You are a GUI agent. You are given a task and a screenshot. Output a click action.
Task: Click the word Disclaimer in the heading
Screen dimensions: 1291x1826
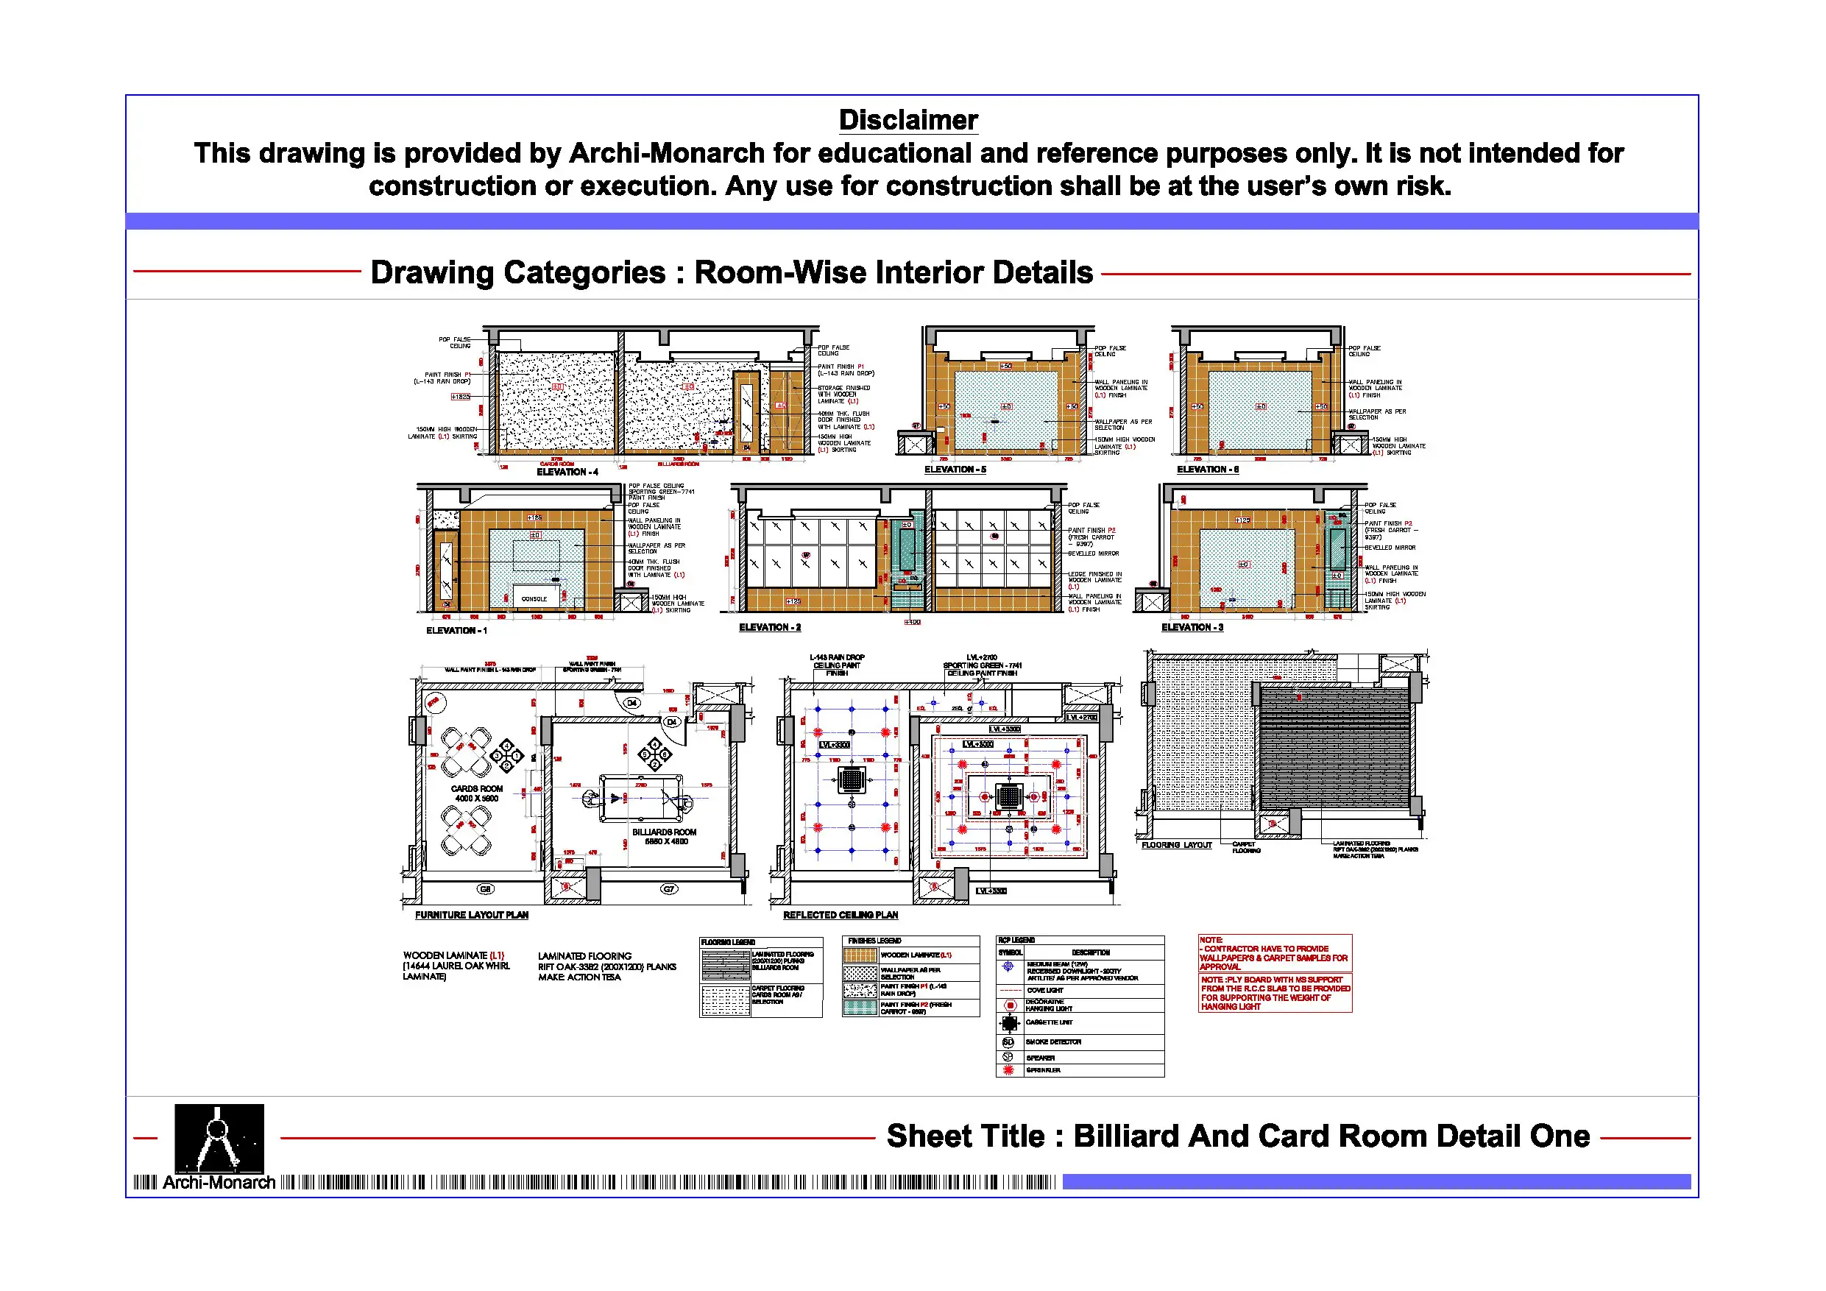coord(907,120)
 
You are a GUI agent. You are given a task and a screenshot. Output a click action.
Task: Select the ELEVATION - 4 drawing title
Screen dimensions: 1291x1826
coord(567,472)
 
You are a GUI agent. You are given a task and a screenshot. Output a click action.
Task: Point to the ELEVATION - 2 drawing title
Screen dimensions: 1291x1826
coord(769,628)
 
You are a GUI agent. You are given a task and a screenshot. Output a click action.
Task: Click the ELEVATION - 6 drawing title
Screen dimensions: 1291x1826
coord(1207,470)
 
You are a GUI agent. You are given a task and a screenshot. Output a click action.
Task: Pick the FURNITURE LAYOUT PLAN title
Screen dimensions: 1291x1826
coord(471,915)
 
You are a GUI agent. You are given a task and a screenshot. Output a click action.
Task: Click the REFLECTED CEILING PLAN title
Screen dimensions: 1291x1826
coord(840,915)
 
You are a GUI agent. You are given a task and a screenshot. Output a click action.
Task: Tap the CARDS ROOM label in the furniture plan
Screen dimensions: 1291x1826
coord(476,789)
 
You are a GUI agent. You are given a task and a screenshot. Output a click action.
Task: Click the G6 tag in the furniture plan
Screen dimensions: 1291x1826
coord(485,888)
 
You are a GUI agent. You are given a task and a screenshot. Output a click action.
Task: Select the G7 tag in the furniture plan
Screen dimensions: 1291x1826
coord(669,888)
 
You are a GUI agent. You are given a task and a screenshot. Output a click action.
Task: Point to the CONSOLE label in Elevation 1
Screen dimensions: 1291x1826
coord(534,599)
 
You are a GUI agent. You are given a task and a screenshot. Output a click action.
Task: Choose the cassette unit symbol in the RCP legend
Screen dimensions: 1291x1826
coord(1008,1023)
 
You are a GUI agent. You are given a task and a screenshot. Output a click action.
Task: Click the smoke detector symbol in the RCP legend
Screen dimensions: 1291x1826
coord(1008,1042)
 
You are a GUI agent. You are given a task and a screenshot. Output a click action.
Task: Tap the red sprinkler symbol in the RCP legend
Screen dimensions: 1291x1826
coord(1008,1071)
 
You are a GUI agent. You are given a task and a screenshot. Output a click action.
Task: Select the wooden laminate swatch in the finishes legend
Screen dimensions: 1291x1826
coord(860,955)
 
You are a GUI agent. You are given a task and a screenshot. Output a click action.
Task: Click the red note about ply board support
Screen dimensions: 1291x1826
coord(1274,994)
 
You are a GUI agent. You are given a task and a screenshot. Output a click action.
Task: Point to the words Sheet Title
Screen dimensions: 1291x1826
coord(965,1136)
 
